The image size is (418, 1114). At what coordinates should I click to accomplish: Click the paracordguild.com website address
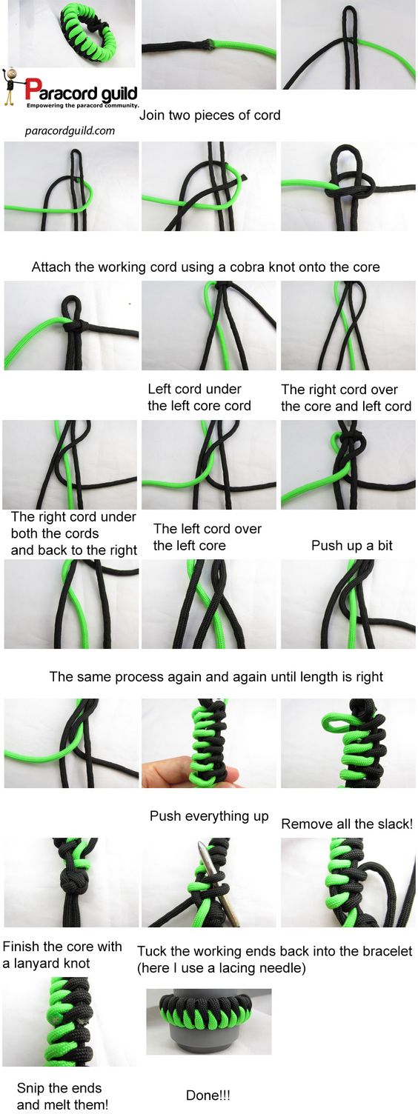(70, 131)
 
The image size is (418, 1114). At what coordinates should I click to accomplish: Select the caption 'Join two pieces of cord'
(210, 116)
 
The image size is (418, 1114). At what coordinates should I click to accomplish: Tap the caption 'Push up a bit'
(352, 546)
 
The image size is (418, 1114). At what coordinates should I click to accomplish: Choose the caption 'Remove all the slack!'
(347, 824)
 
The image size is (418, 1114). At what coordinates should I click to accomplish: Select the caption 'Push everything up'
(209, 816)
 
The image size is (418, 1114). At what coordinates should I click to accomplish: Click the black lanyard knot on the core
(75, 880)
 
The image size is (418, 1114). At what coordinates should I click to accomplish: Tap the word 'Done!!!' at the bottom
(208, 1095)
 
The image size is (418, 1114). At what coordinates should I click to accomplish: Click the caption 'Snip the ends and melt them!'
(62, 1096)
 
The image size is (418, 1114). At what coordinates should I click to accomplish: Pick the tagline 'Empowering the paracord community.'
(82, 105)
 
